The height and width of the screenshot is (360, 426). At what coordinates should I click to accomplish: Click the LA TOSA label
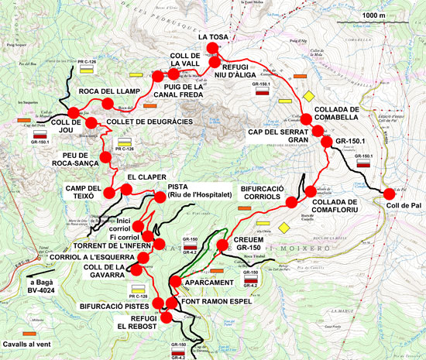[x=214, y=36]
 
